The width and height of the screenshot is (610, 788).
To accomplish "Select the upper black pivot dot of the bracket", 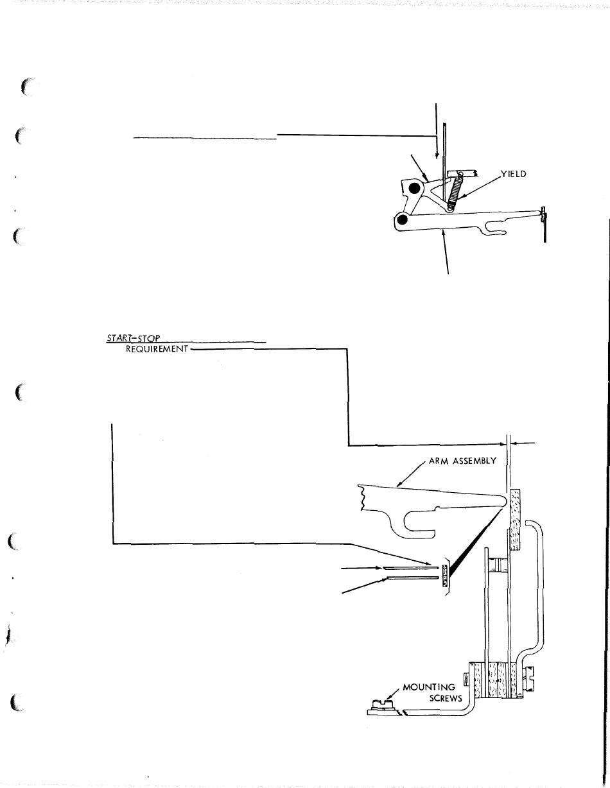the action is click(x=415, y=189).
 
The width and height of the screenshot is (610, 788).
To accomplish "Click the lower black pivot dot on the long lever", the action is click(x=402, y=220).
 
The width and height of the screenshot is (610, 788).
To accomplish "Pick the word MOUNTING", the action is click(x=430, y=687).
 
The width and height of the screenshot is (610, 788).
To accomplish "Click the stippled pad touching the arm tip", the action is click(x=515, y=520).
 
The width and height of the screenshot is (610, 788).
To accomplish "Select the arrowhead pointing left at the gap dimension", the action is click(x=513, y=442).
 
